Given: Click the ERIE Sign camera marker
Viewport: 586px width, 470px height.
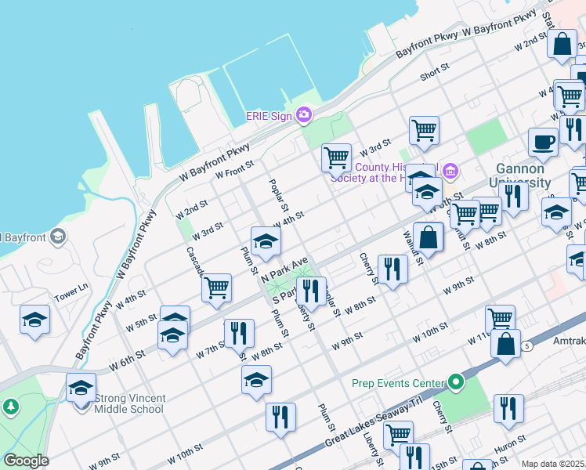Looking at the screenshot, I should (304, 115).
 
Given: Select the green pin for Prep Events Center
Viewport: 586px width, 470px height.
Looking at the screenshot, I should (457, 383).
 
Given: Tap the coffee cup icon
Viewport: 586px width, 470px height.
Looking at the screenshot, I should (543, 142).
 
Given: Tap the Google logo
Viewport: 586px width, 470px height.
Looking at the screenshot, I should (26, 461).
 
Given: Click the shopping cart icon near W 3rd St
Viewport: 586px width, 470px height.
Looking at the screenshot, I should (336, 157).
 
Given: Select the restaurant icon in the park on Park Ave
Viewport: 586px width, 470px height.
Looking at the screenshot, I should (311, 291).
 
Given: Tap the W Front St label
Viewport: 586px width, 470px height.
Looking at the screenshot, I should (235, 168).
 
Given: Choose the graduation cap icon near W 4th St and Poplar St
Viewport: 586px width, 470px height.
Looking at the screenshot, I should (266, 240).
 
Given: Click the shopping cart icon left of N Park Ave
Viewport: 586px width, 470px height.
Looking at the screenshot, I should (216, 287).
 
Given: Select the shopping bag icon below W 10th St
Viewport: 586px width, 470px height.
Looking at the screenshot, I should (506, 343).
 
